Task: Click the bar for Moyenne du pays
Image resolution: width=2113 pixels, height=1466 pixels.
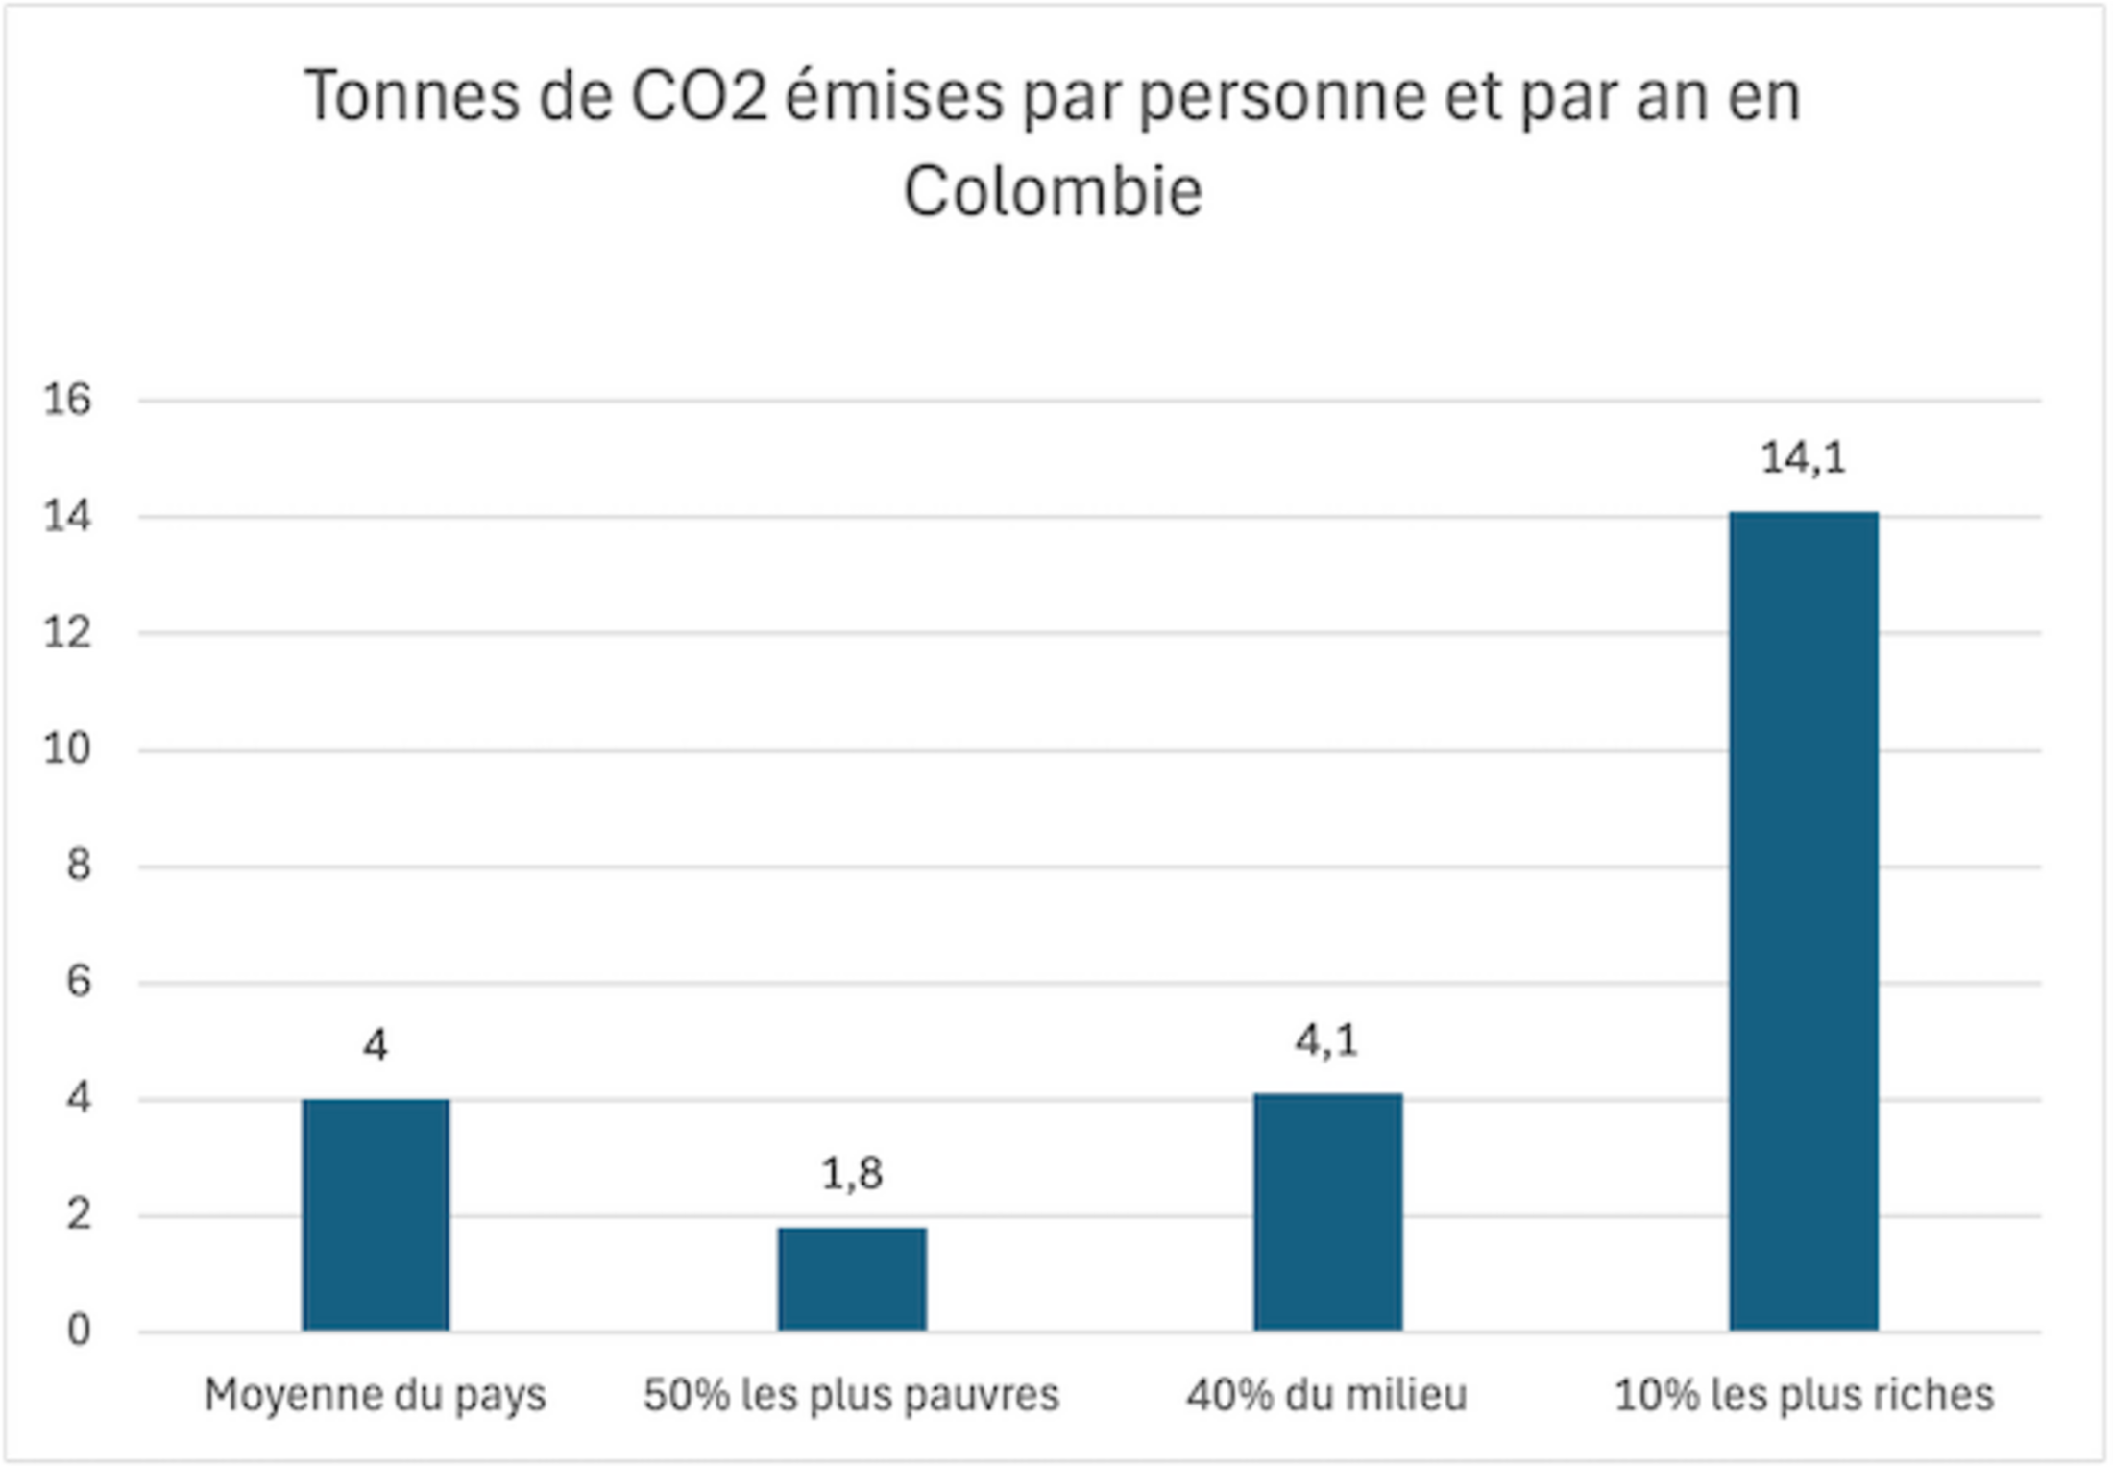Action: pyautogui.click(x=376, y=1215)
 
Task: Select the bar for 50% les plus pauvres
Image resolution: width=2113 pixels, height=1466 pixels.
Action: pyautogui.click(x=852, y=1280)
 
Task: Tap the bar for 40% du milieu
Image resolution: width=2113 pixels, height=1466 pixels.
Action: pyautogui.click(x=1327, y=1212)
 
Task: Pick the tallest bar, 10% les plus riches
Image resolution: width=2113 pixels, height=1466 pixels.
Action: pyautogui.click(x=1804, y=921)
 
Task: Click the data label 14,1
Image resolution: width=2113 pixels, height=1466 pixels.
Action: pyautogui.click(x=1803, y=458)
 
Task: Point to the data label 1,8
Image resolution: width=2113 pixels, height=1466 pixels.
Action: pyautogui.click(x=852, y=1173)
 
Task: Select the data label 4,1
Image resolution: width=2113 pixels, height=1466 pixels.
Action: pyautogui.click(x=1326, y=1040)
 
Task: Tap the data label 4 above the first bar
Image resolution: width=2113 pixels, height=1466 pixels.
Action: pyautogui.click(x=376, y=1045)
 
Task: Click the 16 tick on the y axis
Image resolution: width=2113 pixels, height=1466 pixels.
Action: pyautogui.click(x=67, y=400)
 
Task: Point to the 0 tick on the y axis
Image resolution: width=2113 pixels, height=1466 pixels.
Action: pyautogui.click(x=79, y=1332)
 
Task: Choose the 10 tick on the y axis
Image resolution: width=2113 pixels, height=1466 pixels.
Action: pyautogui.click(x=67, y=749)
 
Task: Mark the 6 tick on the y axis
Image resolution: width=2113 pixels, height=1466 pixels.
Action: pyautogui.click(x=79, y=982)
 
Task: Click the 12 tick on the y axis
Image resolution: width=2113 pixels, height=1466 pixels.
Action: pyautogui.click(x=67, y=633)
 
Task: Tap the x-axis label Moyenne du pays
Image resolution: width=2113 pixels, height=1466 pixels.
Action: pyautogui.click(x=375, y=1395)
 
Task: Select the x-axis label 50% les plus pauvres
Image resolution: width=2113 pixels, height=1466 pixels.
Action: pyautogui.click(x=851, y=1395)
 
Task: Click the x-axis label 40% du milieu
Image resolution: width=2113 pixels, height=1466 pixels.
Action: pyautogui.click(x=1326, y=1395)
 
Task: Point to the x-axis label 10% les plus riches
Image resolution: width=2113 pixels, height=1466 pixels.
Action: pyautogui.click(x=1804, y=1395)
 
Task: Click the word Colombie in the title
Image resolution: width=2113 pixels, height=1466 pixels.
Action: pyautogui.click(x=1053, y=190)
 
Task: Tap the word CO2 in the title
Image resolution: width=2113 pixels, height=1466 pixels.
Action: pyautogui.click(x=698, y=97)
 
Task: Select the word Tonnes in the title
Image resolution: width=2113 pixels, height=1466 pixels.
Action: pyautogui.click(x=411, y=97)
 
